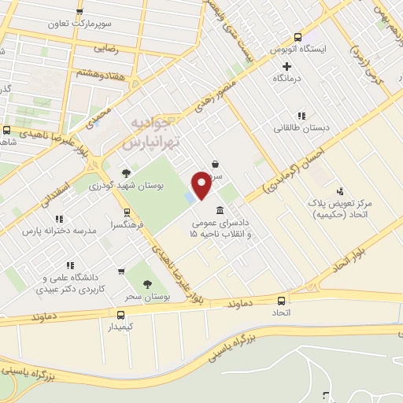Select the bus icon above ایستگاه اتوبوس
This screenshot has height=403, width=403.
pos(298,36)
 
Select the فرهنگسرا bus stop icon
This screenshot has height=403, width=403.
pos(127,212)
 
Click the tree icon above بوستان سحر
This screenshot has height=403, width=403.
pos(146,284)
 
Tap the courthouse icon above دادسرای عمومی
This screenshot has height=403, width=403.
pos(218,210)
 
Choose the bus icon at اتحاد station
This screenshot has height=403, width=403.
pos(281,300)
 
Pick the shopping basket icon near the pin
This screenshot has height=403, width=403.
pos(215,164)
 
